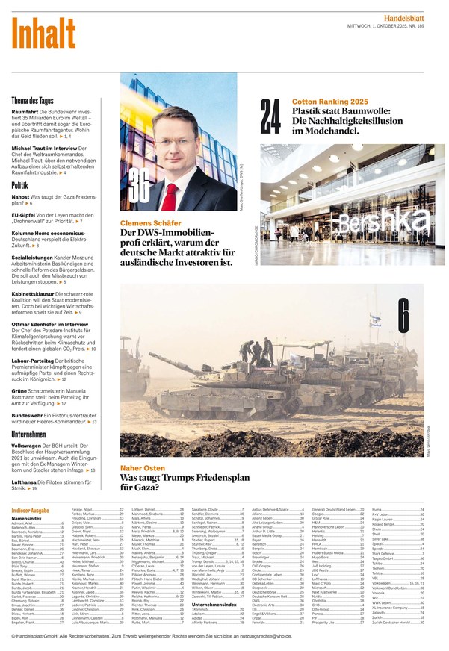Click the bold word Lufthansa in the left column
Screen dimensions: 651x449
(25, 481)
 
